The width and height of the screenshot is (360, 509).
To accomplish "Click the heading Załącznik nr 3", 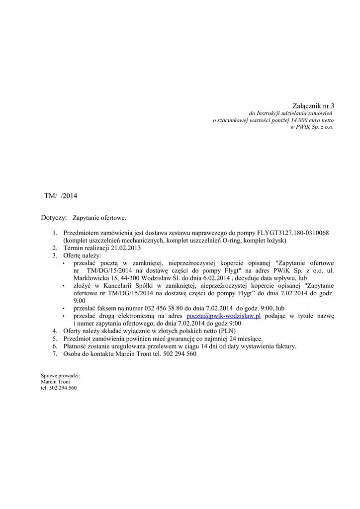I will [x=313, y=106].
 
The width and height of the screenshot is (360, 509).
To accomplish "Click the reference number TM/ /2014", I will [x=61, y=196].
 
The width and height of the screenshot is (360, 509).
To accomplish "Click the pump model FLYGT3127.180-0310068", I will [x=293, y=233].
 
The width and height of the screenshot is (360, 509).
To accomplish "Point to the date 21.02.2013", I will [x=127, y=248].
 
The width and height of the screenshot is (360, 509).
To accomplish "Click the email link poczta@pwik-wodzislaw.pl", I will [x=223, y=316].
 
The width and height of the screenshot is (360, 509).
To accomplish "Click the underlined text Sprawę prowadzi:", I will [x=60, y=376].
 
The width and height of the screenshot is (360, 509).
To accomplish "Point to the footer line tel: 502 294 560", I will [x=59, y=388].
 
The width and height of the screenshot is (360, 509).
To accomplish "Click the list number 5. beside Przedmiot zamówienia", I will [x=55, y=339].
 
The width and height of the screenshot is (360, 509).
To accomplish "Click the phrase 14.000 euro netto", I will [x=312, y=120].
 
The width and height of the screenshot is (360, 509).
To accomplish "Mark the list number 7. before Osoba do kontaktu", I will [x=55, y=354].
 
